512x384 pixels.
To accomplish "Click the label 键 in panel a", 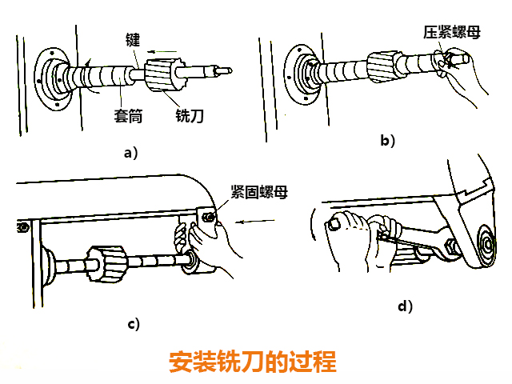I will [134, 38].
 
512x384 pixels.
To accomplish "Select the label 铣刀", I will [189, 114].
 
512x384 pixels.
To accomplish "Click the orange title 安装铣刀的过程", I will [253, 362].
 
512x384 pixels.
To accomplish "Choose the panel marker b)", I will [389, 141].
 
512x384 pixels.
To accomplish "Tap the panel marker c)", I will [134, 323].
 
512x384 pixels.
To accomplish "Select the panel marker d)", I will [406, 306].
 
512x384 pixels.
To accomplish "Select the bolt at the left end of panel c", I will [18, 227].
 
